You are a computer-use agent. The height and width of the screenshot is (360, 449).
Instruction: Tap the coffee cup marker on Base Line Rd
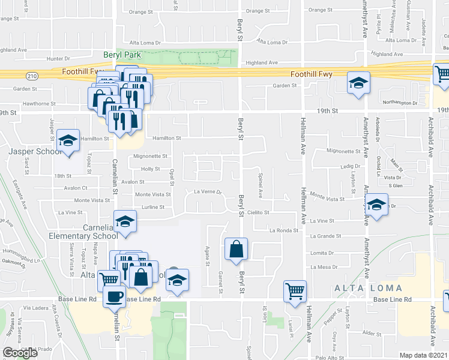(x=114, y=295)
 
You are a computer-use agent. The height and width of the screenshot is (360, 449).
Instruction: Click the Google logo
(x=20, y=353)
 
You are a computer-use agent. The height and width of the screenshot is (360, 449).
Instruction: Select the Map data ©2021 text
(x=423, y=355)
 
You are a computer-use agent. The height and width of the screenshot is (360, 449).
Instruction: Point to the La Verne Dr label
(x=208, y=192)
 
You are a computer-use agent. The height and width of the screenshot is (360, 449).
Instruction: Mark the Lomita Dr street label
(x=322, y=253)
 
